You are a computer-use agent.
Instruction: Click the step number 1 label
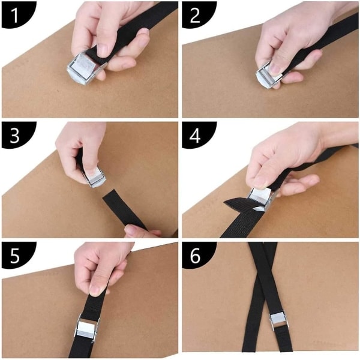click(x=14, y=15)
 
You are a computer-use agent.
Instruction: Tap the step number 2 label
click(x=195, y=15)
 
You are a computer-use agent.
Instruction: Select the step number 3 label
click(x=14, y=136)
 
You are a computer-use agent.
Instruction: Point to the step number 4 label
click(x=195, y=136)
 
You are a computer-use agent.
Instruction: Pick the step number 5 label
click(x=14, y=256)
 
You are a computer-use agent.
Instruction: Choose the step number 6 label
click(x=195, y=256)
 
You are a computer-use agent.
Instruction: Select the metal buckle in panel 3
click(x=94, y=177)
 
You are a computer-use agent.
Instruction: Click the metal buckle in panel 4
click(x=260, y=199)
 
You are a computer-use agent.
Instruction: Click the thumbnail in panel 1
click(x=103, y=49)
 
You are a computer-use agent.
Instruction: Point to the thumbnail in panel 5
click(x=95, y=290)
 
